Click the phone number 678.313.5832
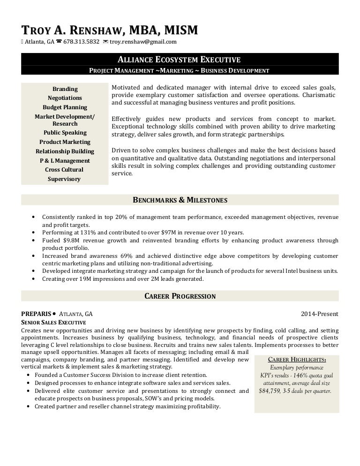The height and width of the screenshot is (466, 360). coord(81,42)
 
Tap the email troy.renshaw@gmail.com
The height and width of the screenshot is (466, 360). coord(143,42)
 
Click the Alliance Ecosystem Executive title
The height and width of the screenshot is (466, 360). coord(180,60)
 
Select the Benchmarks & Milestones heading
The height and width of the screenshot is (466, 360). coord(180,200)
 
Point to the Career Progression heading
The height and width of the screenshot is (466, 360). coord(180,296)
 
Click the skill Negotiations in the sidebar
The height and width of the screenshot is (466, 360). coord(65,98)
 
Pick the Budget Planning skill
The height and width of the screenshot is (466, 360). coord(65,107)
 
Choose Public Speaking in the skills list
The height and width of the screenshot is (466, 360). coord(65,133)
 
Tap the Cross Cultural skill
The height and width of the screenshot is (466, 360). coord(65,170)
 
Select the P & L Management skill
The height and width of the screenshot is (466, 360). coord(65,161)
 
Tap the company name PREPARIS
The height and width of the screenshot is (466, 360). coord(36,314)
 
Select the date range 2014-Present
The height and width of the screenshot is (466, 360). coord(319,314)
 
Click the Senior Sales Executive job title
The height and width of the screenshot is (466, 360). coord(54,323)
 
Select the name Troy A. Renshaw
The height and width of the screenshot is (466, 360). coord(73,30)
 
